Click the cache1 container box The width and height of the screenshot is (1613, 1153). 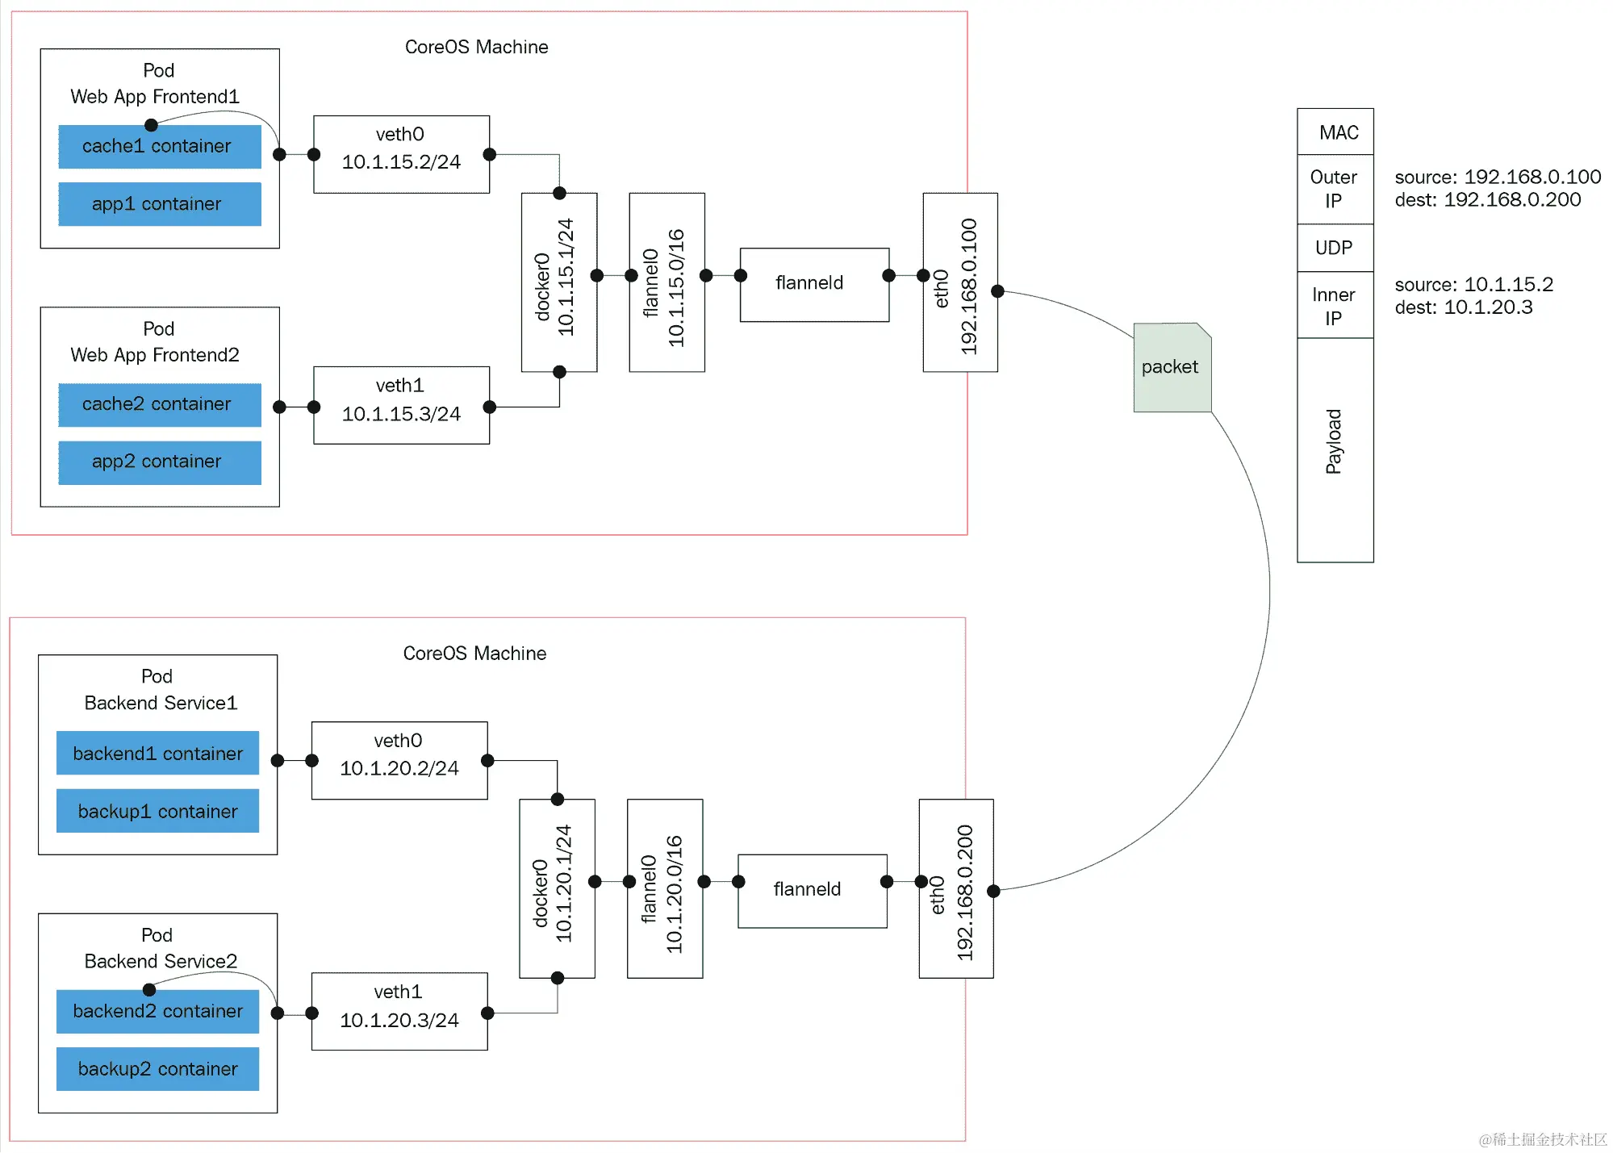coord(159,147)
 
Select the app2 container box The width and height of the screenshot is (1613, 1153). coord(159,462)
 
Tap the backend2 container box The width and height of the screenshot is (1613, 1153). coord(157,1012)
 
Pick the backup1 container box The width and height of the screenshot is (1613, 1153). coord(157,811)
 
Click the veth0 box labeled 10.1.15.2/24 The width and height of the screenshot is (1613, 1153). coord(401,154)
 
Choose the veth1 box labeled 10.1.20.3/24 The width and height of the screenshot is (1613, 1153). coord(399,1012)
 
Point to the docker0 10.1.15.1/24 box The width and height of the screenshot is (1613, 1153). coord(558,282)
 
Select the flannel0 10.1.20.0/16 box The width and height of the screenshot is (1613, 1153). coord(664,888)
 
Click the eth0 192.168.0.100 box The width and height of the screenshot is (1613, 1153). coord(959,282)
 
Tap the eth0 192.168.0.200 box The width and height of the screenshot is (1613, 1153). coord(955,888)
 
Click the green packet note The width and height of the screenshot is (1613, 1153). coord(1171,368)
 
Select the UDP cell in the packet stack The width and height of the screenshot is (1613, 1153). coord(1335,248)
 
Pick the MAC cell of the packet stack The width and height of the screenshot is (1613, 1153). coord(1335,132)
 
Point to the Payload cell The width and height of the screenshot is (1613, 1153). coord(1335,449)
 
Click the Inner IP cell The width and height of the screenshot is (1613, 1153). coord(1335,306)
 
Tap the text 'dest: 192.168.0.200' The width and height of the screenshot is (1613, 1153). coord(1487,200)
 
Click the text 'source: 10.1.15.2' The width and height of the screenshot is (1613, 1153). coord(1473,285)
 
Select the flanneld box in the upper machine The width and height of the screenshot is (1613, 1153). coord(813,284)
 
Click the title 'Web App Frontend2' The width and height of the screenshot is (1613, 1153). coord(155,355)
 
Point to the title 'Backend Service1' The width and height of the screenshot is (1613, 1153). coord(161,703)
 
